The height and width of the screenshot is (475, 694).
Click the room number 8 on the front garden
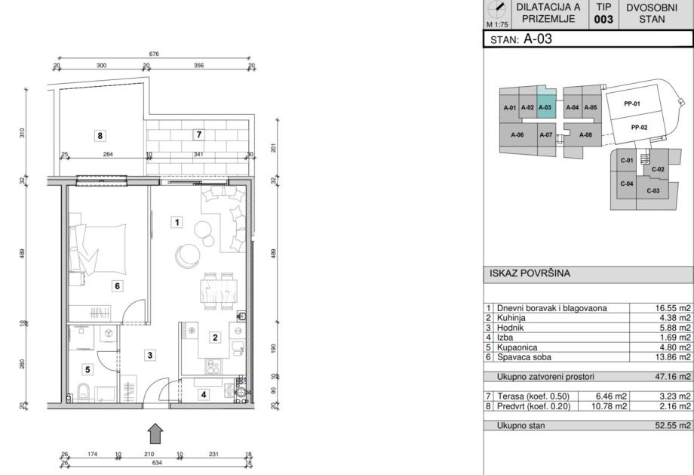[x=100, y=136]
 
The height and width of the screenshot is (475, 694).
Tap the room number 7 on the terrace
[x=198, y=134]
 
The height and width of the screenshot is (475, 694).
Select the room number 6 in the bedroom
[x=117, y=285]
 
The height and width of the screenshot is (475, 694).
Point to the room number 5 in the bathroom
[x=88, y=369]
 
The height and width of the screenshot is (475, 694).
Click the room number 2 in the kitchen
[x=215, y=338]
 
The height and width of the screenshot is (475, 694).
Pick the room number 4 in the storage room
[x=203, y=394]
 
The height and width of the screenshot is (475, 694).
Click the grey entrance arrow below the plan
[x=155, y=433]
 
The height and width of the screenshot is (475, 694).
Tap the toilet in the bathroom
[x=83, y=393]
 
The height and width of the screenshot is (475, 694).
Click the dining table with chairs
[x=218, y=290]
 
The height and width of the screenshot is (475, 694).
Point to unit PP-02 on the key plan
[x=639, y=127]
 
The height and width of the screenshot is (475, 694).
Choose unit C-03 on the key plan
[x=653, y=190]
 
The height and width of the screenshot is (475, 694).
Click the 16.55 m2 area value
[x=673, y=308]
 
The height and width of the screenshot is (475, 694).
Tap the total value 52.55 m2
[x=673, y=425]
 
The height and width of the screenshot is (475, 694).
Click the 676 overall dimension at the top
[x=154, y=54]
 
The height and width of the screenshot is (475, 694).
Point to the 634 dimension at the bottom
[x=157, y=463]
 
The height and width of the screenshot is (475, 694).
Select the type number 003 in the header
[x=603, y=20]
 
